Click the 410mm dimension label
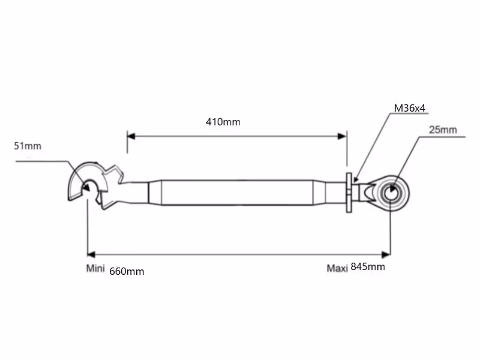coord(223,122)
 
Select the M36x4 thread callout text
coord(410,108)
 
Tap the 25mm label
coord(443,130)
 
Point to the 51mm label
coord(28,146)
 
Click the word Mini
coord(95,268)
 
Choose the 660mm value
coord(127,272)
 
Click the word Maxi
coord(337,268)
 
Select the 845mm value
coord(368,266)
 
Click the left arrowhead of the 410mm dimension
coord(131,136)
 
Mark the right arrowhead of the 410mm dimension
coord(342,136)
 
